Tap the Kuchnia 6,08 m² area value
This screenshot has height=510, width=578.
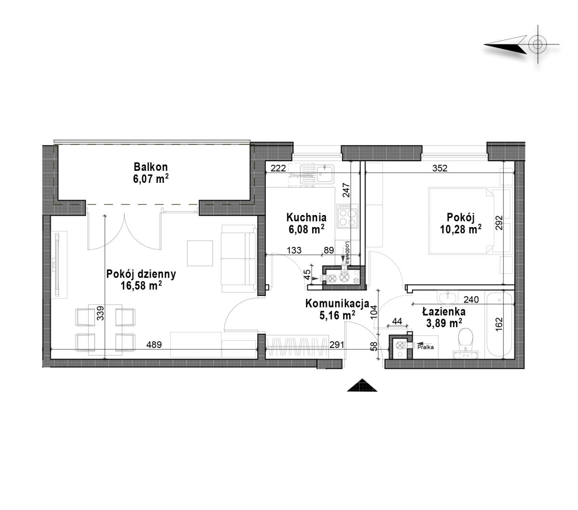(306, 229)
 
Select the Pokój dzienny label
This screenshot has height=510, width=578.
(141, 274)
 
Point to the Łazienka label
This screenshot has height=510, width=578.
(444, 312)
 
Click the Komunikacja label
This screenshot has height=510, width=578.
(337, 304)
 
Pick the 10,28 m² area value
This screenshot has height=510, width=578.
(461, 229)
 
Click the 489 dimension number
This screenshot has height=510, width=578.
(154, 344)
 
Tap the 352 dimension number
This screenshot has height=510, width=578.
(439, 168)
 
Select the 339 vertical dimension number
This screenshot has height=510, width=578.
(100, 313)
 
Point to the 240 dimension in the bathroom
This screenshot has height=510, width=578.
(471, 300)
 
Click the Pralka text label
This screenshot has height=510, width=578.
(425, 347)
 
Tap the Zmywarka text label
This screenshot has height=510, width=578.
(301, 176)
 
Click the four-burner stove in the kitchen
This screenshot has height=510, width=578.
(347, 216)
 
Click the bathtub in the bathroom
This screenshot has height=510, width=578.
(499, 325)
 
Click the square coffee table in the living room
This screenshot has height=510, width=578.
(200, 253)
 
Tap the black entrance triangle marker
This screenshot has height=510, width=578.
(362, 385)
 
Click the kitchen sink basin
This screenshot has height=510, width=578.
(325, 174)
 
